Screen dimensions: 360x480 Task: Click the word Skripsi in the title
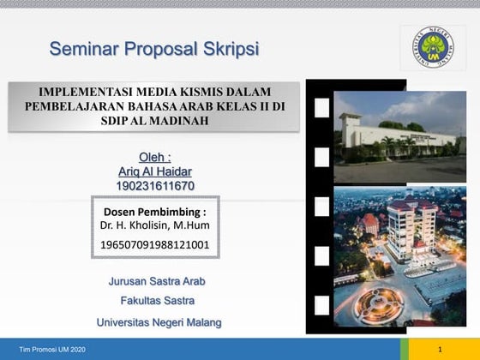click(x=225, y=48)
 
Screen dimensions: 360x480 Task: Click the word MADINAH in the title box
click(x=177, y=121)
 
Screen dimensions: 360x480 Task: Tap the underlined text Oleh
click(x=154, y=157)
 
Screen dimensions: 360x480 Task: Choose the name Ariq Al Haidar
click(x=155, y=171)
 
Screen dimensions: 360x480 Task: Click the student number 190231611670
click(x=155, y=185)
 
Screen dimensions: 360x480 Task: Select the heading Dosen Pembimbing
click(x=154, y=211)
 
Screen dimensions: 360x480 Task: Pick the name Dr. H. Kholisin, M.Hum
click(x=154, y=225)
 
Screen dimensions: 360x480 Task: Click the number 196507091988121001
click(x=154, y=245)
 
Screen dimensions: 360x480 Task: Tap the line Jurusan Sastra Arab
click(x=156, y=281)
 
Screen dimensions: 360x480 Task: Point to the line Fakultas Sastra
click(x=156, y=301)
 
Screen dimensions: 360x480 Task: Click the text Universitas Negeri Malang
click(x=159, y=322)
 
